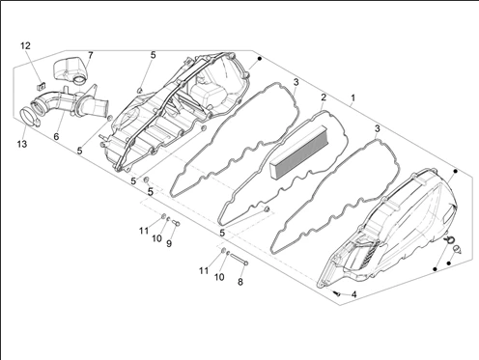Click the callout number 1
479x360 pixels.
[353, 97]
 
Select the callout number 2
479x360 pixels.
[324, 97]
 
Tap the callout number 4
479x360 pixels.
[353, 294]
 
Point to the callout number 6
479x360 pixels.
[56, 136]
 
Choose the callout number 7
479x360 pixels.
[90, 55]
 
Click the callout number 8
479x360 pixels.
[240, 282]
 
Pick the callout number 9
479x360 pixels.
[169, 243]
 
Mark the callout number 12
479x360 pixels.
[25, 45]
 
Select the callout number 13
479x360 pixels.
[22, 144]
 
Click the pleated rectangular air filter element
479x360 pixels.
[298, 151]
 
